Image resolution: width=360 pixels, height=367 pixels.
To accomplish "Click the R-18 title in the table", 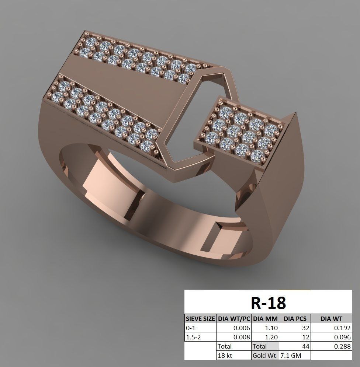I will pyautogui.click(x=268, y=303).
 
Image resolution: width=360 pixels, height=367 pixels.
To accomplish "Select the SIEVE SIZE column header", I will pyautogui.click(x=200, y=318).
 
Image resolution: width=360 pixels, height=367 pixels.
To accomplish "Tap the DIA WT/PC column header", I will pyautogui.click(x=234, y=318).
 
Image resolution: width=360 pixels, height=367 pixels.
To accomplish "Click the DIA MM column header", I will pyautogui.click(x=265, y=318).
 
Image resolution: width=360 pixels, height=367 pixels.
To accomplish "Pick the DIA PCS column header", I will pyautogui.click(x=295, y=318).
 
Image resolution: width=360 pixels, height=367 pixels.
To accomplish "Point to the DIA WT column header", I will pyautogui.click(x=331, y=318).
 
